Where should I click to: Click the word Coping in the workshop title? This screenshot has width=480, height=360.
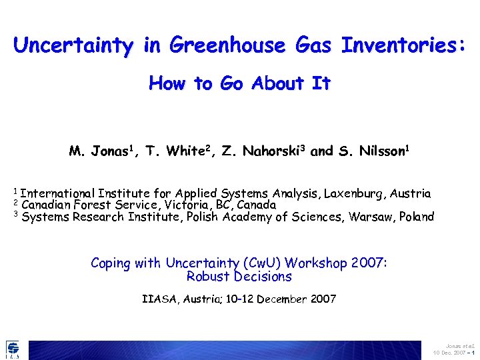(111, 263)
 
